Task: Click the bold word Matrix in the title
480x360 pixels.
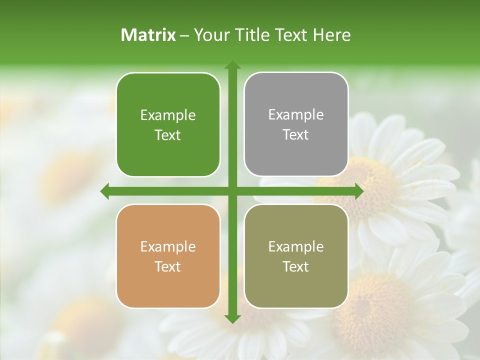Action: tap(148, 35)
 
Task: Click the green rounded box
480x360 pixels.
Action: tap(168, 124)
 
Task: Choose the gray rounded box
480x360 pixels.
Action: tap(296, 124)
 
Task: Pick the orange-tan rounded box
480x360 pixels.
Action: tap(168, 256)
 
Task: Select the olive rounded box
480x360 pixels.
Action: tap(296, 256)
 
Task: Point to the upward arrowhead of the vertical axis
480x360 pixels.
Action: tap(232, 65)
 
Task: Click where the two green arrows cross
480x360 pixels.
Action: tap(232, 191)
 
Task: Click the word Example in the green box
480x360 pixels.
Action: tap(168, 115)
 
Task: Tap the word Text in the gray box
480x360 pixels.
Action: tap(296, 135)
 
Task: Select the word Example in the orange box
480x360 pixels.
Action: tap(168, 247)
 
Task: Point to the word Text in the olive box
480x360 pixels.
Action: tap(296, 266)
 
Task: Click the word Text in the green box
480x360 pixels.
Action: tap(168, 135)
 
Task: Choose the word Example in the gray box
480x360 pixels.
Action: tap(296, 115)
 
